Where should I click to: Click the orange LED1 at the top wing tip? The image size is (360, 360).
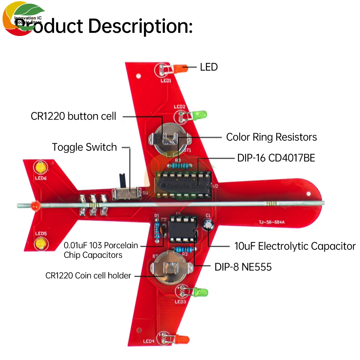click(x=179, y=68)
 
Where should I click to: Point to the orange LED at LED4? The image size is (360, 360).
click(x=182, y=339)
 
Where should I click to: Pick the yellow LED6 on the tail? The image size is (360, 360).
click(x=40, y=168)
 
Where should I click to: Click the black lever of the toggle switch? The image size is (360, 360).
click(x=122, y=180)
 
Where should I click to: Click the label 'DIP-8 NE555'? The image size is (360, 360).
click(x=243, y=267)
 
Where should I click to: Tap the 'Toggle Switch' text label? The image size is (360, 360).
click(x=84, y=147)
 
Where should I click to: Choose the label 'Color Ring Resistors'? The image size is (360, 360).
click(x=271, y=137)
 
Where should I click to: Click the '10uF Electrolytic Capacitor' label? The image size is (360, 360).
click(x=295, y=246)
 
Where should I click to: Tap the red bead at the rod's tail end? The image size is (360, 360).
click(x=35, y=206)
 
